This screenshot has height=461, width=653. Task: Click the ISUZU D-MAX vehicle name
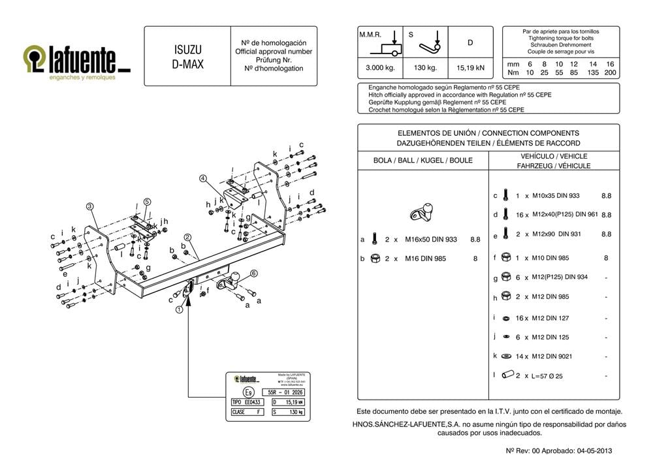click(x=187, y=56)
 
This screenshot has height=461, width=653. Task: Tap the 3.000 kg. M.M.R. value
click(x=376, y=67)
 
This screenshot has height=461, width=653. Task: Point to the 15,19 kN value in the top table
click(x=470, y=67)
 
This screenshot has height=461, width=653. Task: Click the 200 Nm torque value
click(x=610, y=73)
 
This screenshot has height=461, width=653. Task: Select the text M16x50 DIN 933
click(x=430, y=240)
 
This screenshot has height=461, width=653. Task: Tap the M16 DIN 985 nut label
click(x=425, y=259)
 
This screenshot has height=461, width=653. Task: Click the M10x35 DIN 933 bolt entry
click(x=556, y=196)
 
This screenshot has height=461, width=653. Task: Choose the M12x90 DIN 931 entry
click(x=556, y=234)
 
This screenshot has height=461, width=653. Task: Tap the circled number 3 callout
click(x=91, y=206)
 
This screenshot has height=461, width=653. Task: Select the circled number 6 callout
click(x=253, y=274)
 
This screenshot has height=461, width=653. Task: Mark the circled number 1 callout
click(x=178, y=310)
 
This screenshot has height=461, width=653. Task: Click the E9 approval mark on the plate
click(x=247, y=392)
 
